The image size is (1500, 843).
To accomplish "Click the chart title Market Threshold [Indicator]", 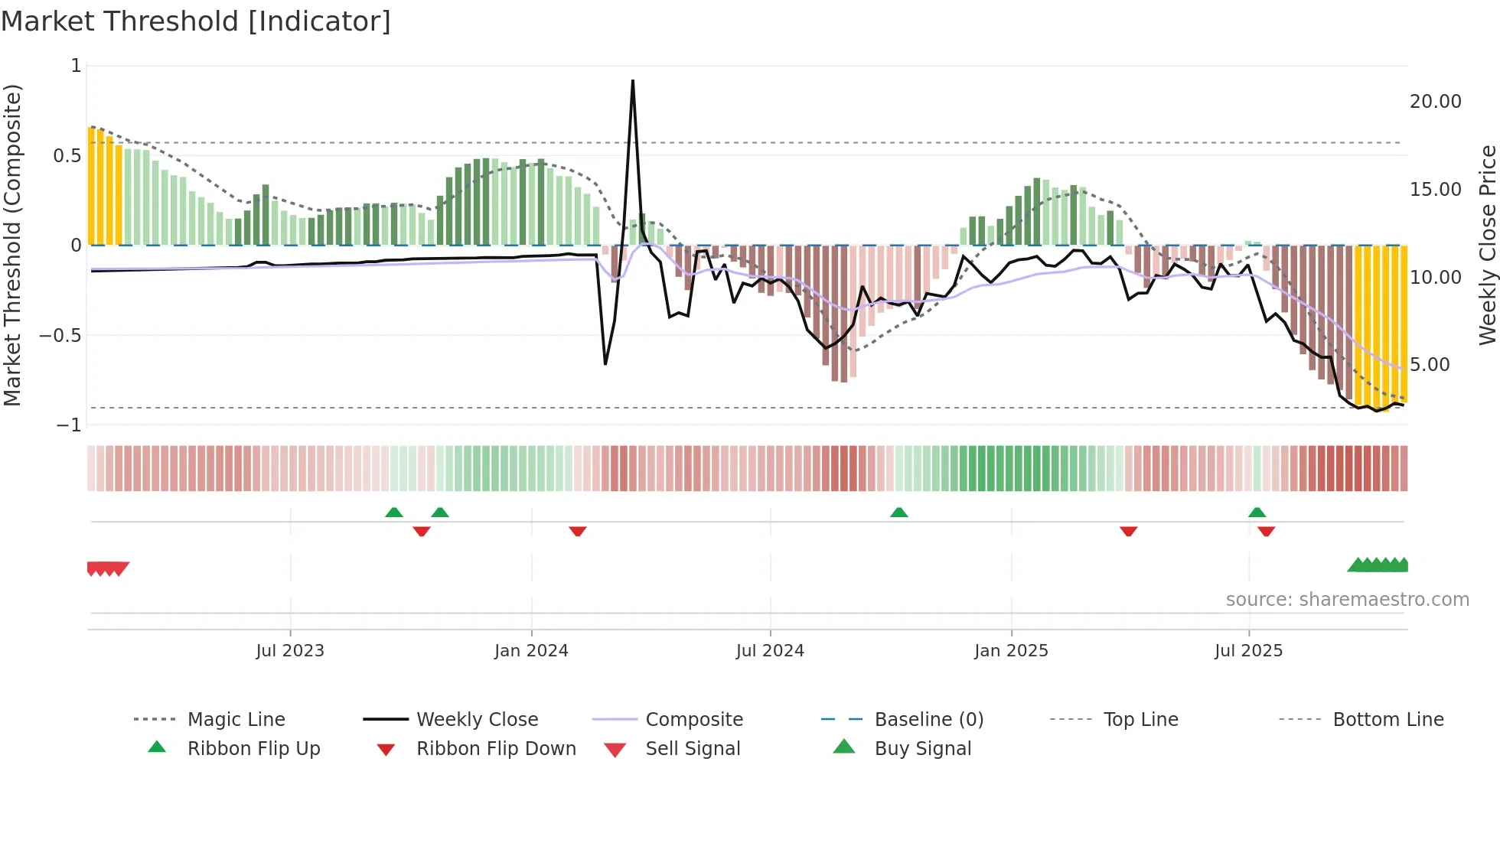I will coord(196,21).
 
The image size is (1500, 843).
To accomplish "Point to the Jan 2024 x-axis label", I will coord(531,651).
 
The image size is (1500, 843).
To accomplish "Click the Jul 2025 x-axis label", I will coord(1248,651).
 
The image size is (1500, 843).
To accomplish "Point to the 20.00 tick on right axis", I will coord(1435,102).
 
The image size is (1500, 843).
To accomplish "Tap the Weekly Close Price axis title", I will coord(1487,245).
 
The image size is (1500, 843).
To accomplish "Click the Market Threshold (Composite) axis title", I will coord(12,245).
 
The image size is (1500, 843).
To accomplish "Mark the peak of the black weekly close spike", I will coord(633,81).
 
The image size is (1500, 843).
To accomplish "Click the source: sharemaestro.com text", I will coord(1347,600).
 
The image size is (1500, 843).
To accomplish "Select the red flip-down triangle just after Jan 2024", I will coord(578,531).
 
